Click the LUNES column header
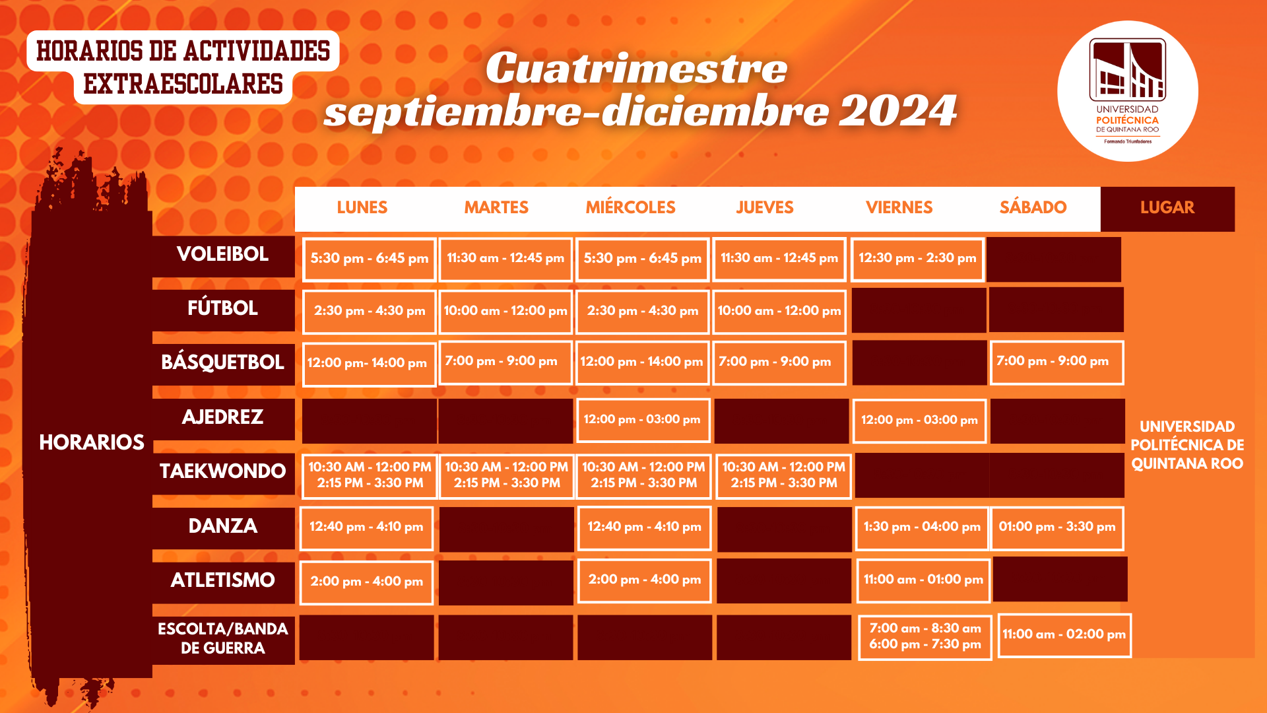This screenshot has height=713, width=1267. [362, 207]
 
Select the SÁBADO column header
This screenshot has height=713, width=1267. [1033, 207]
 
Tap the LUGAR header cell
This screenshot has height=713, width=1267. [1167, 209]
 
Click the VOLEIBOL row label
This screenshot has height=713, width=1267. [223, 254]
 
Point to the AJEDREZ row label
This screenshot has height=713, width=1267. [223, 417]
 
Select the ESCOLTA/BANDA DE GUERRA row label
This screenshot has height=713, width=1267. [223, 638]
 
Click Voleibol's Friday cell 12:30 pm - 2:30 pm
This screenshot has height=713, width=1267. [917, 259]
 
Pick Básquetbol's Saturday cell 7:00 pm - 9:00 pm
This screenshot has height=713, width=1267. [1056, 362]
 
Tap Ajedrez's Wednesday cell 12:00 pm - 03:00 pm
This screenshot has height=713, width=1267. [643, 420]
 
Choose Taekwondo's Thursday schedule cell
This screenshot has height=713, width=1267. [784, 475]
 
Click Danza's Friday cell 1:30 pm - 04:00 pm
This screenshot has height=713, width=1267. [922, 528]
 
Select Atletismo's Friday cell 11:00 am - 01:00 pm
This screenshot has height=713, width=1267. [923, 580]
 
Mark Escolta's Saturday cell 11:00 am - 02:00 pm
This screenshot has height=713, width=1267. [1064, 635]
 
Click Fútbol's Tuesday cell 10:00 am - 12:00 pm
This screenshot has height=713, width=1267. [505, 312]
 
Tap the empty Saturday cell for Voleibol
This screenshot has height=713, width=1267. [1054, 259]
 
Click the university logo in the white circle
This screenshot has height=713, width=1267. [1128, 91]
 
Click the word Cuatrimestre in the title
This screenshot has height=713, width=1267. [637, 69]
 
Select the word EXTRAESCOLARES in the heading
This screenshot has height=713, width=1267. [183, 85]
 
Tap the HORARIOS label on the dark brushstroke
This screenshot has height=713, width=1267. [92, 442]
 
